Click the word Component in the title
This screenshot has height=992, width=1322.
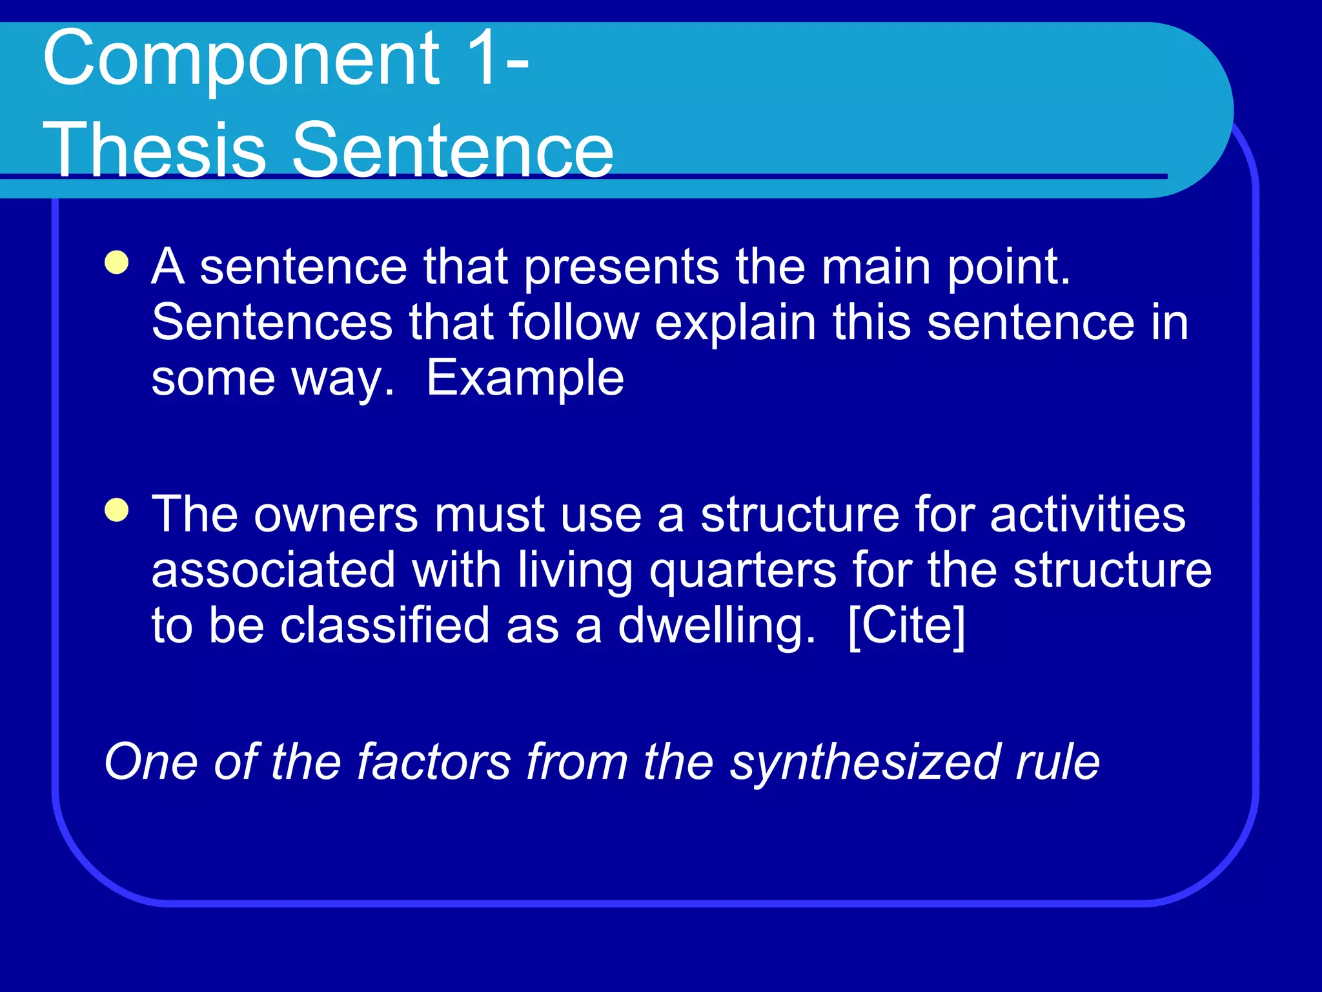241,59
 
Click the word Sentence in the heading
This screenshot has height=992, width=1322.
452,150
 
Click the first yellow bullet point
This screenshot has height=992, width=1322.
117,263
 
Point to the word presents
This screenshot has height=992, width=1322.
621,267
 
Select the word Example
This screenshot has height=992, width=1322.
525,378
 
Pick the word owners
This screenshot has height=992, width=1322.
336,515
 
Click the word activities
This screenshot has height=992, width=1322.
1088,515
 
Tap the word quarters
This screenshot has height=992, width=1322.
742,571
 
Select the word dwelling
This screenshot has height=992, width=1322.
717,626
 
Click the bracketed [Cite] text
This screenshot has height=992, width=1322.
906,626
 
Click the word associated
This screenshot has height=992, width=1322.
273,571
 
